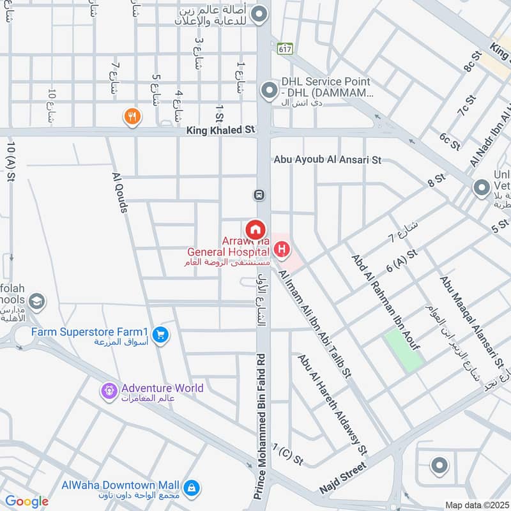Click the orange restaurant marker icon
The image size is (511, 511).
pos(133,116)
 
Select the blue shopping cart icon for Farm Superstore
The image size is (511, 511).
pos(160,333)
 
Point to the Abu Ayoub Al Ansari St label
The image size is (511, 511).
pos(327,160)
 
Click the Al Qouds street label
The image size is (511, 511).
pos(121,192)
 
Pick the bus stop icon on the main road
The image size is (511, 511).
pos(259,194)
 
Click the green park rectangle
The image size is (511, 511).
pos(404,350)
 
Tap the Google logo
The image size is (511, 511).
pos(26,501)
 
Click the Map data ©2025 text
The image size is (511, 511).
pos(476,505)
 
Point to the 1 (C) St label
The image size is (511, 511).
pos(287,454)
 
